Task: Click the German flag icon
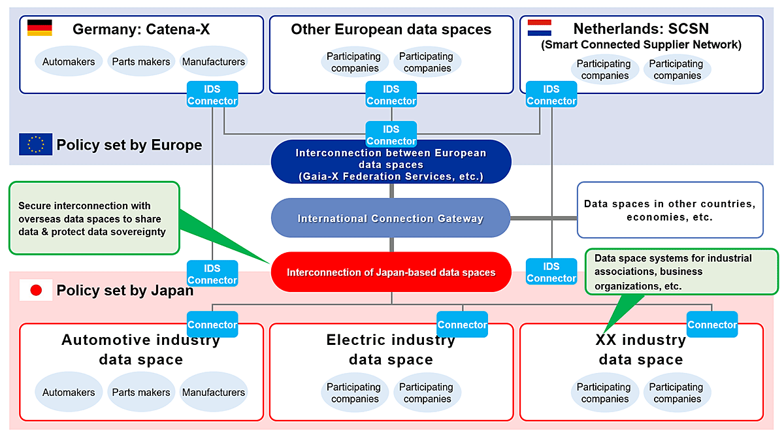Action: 40,27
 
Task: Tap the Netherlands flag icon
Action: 540,27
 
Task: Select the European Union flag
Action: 36,144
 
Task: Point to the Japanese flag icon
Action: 36,290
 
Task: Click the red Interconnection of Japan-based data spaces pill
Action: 391,272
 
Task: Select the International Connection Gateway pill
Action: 391,218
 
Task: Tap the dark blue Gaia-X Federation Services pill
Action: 391,161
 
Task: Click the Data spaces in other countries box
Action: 670,210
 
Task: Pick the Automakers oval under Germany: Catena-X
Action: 69,61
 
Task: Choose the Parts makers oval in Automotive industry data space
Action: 141,392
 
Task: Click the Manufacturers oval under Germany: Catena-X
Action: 214,61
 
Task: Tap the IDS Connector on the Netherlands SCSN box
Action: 551,95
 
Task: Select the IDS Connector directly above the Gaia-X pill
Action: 391,135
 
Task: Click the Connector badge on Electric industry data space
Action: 462,325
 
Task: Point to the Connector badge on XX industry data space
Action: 712,325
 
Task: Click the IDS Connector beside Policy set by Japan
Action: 212,274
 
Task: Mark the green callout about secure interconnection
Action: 94,218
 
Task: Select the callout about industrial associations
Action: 681,272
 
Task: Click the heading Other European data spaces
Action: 391,29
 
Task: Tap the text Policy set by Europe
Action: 129,145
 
